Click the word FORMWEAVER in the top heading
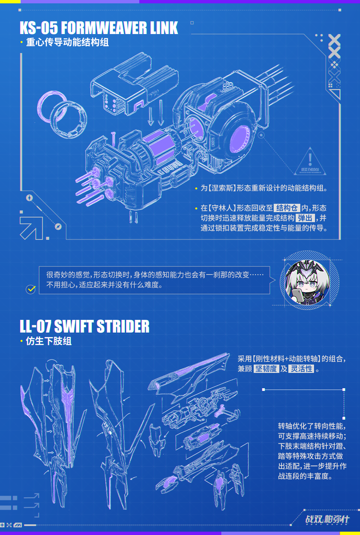pos(104,28)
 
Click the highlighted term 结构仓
pos(287,208)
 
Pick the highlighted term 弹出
pos(305,218)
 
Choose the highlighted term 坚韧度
pos(266,369)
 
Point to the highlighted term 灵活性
pos(302,369)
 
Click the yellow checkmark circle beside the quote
pos(31,289)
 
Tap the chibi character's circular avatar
pos(307,282)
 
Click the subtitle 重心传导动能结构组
pos(67,42)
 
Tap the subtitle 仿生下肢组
pos(49,341)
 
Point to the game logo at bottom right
pos(327,520)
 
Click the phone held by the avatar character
pos(297,295)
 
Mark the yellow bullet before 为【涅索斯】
pos(196,189)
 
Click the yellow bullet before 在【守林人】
pos(196,209)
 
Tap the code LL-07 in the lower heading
pos(35,327)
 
